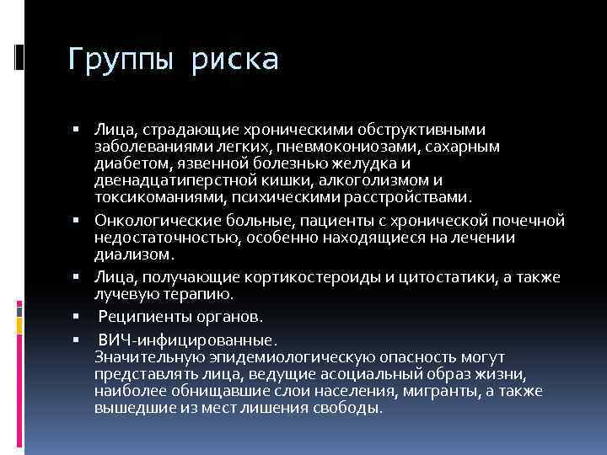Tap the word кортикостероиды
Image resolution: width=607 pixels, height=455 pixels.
click(x=324, y=277)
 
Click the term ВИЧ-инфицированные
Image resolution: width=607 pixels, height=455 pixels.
click(x=186, y=341)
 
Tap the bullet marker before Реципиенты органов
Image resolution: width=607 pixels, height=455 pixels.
click(x=75, y=318)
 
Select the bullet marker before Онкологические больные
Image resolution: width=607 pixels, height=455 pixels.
click(x=75, y=221)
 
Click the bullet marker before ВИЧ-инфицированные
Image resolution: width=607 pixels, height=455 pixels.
click(x=75, y=341)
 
